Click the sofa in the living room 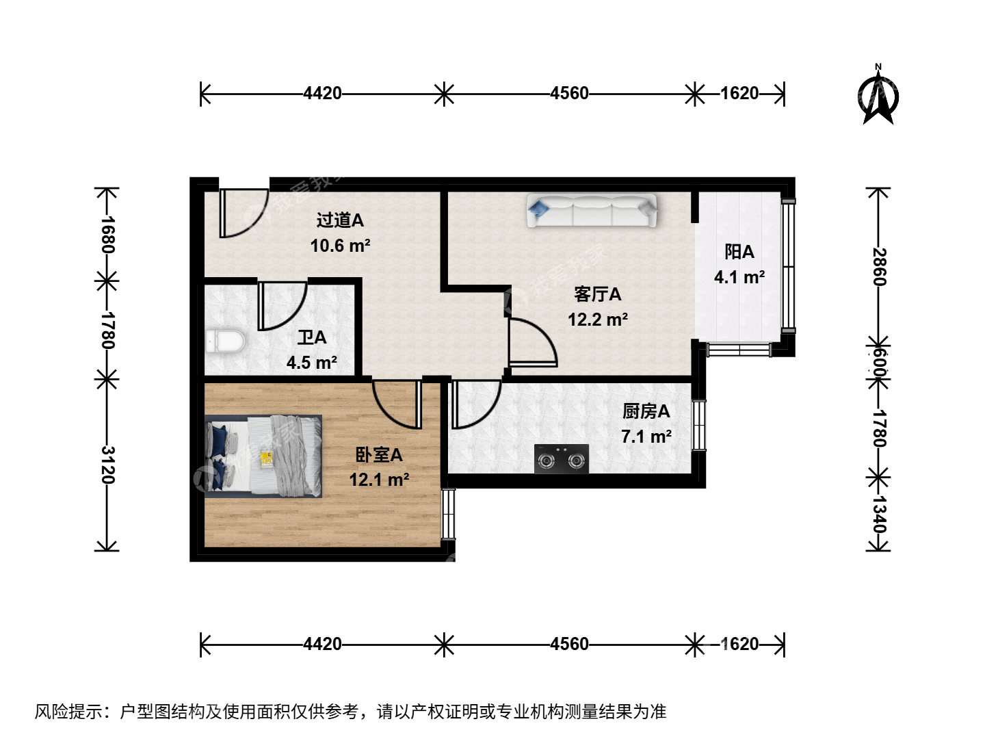point(592,211)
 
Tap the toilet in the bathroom point(225,342)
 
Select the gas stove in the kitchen point(562,458)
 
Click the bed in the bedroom point(263,456)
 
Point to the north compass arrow point(878,96)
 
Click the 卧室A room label point(379,455)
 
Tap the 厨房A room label point(646,411)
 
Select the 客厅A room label point(597,294)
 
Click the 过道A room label point(340,220)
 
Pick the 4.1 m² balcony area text point(739,277)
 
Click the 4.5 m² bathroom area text point(312,363)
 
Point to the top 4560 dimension point(569,93)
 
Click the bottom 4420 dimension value point(322,645)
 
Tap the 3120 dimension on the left point(108,465)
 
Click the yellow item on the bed point(267,459)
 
